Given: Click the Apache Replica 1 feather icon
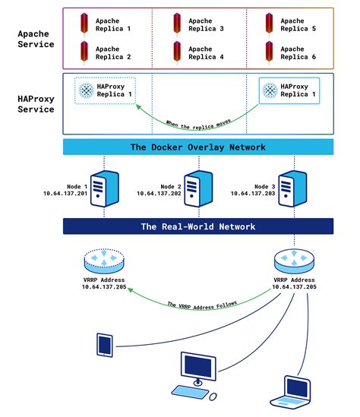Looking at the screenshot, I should pyautogui.click(x=84, y=24).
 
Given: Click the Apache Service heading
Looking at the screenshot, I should pyautogui.click(x=36, y=38).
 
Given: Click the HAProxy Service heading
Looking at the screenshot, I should pyautogui.click(x=36, y=103).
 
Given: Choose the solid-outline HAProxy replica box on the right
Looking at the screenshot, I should pyautogui.click(x=291, y=92).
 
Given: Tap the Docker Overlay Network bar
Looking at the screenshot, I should pyautogui.click(x=198, y=147).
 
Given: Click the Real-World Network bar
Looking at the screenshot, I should pyautogui.click(x=198, y=226).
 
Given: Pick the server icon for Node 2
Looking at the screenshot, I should pyautogui.click(x=198, y=183).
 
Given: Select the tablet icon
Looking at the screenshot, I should pyautogui.click(x=105, y=344).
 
